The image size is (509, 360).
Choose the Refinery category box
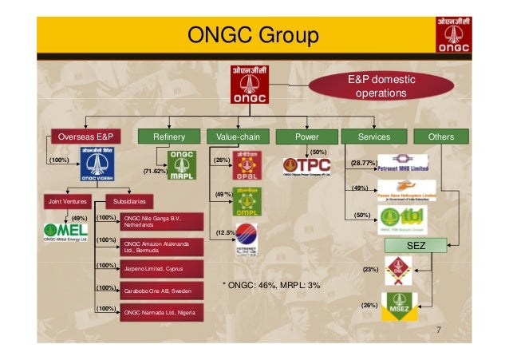[169, 136]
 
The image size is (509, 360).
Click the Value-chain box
[238, 136]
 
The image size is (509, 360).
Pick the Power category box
[306, 136]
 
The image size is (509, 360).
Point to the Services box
[375, 136]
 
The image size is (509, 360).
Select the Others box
[440, 136]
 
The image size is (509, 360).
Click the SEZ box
[417, 246]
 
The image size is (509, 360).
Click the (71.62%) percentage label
[154, 172]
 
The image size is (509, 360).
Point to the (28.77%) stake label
[363, 163]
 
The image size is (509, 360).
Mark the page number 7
[438, 331]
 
